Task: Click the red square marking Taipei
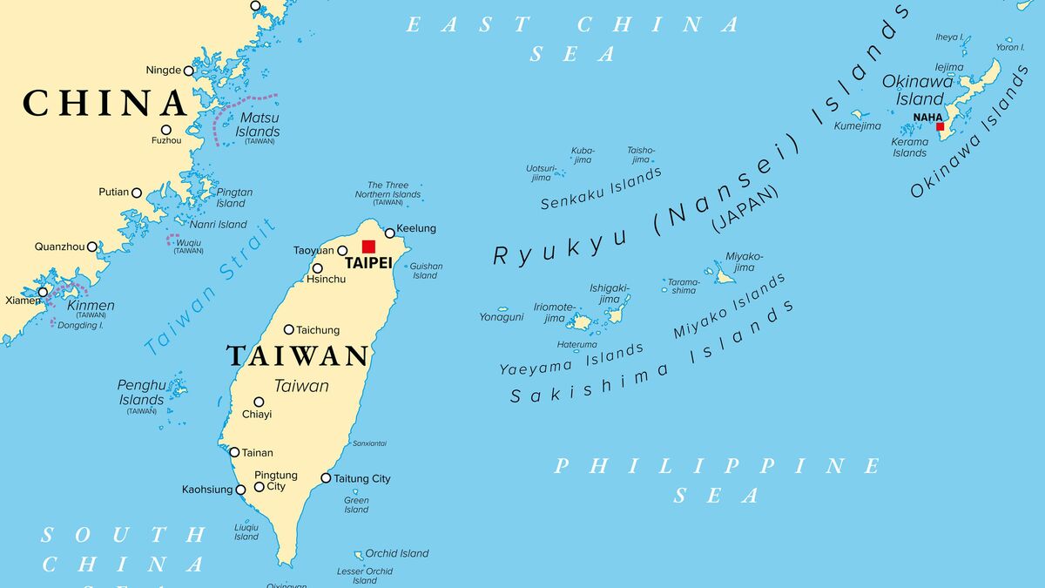point(368,247)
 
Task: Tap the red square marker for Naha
point(940,126)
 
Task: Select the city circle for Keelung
point(390,233)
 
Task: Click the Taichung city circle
point(289,329)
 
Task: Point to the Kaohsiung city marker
point(241,490)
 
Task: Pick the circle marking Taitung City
point(326,477)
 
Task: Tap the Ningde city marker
point(188,71)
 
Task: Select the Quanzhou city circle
point(92,247)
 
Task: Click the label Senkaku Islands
point(601,189)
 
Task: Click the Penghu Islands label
point(141,392)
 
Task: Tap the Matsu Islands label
point(258,125)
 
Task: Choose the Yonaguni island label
point(502,317)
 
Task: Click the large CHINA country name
point(104,103)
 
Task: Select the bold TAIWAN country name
point(298,355)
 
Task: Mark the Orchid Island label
point(397,553)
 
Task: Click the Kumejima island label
point(857,125)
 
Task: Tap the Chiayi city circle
point(259,402)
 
